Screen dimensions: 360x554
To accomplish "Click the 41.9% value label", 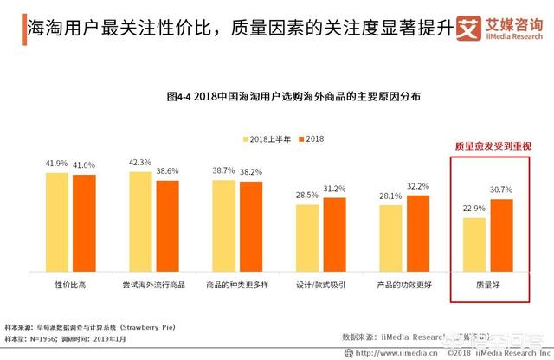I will click(x=57, y=164).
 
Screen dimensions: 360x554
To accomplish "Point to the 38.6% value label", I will click(x=167, y=171).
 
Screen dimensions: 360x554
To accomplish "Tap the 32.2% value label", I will click(x=417, y=186).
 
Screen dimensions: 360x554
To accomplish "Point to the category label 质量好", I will click(x=486, y=284).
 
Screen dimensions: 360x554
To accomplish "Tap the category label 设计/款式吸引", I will click(x=319, y=284).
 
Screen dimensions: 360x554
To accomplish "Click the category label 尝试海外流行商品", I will click(x=153, y=284).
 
